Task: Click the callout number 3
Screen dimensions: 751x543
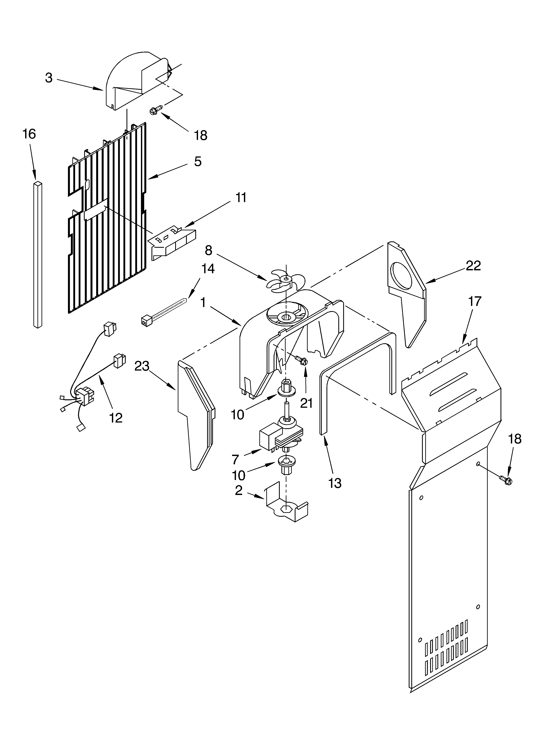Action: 49,78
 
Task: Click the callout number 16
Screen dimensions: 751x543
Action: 29,134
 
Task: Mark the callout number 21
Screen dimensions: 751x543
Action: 306,403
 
